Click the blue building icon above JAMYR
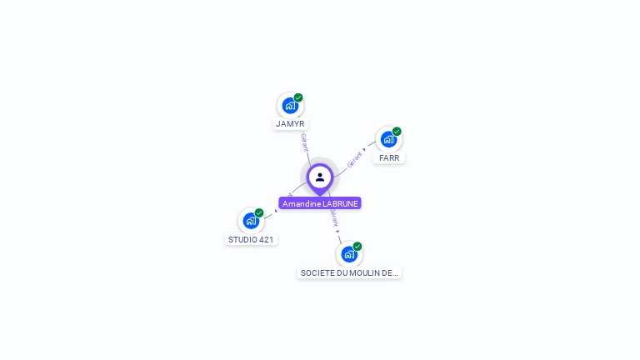pos(289,106)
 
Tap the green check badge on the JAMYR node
pos(298,97)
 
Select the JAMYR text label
pos(290,124)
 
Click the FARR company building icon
pos(388,139)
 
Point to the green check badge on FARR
pos(397,131)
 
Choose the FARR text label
pos(389,157)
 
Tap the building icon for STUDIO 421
pos(250,221)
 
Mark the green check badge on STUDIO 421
pos(259,212)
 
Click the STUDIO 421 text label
pos(251,239)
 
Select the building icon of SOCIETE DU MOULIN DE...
pos(348,254)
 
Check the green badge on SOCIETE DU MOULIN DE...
pos(357,246)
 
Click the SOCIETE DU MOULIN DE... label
pos(349,272)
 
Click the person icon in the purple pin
pos(320,177)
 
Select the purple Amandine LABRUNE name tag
pos(320,203)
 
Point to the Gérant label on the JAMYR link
pos(305,142)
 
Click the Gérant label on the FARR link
pos(354,158)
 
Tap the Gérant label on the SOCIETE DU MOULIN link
pos(334,218)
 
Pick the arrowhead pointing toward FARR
pos(364,150)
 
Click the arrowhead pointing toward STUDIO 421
pos(276,211)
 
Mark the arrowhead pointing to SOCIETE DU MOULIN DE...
pos(337,231)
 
